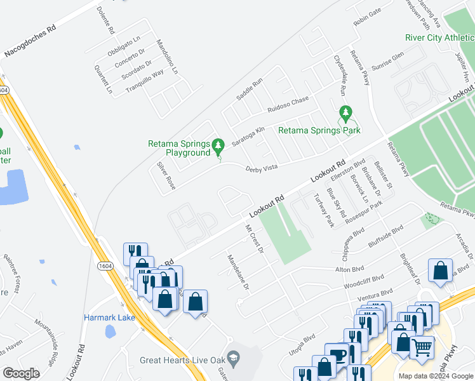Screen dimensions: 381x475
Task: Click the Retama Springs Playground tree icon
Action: click(218, 147)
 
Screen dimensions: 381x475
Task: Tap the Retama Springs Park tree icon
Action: click(345, 114)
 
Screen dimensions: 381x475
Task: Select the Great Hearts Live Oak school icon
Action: click(234, 359)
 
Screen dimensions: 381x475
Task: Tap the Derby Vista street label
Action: click(262, 167)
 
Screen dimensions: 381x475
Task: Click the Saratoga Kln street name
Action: click(248, 136)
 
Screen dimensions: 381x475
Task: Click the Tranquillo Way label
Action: click(145, 81)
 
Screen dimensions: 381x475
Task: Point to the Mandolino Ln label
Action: click(167, 56)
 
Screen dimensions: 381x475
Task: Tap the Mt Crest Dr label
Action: click(254, 239)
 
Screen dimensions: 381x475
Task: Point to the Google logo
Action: click(22, 373)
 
